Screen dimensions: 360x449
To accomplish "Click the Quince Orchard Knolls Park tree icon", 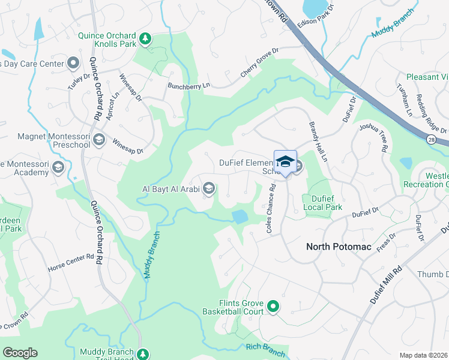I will tap(145, 40).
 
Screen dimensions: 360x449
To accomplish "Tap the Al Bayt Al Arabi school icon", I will tap(209, 190).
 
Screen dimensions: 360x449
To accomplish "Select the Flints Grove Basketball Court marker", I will tap(273, 307).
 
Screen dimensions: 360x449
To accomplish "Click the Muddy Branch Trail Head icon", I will tap(143, 354).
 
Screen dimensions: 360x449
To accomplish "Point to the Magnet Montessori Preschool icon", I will tap(99, 140).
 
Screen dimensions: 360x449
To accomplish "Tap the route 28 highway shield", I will tap(432, 139).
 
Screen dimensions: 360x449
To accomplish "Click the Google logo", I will tap(20, 352).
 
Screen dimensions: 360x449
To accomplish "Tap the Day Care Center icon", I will tap(73, 63).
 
